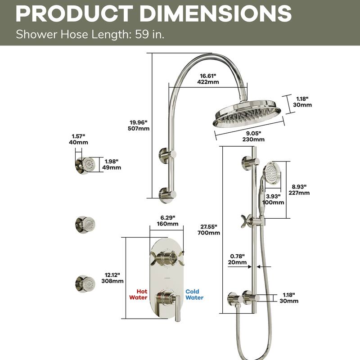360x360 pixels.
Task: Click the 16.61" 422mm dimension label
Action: click(x=208, y=79)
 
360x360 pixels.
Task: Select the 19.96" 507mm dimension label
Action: click(x=139, y=125)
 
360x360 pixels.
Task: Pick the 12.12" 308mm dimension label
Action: click(x=112, y=278)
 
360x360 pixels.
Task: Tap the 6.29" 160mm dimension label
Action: click(x=167, y=220)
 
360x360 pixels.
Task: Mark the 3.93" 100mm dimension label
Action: click(x=274, y=199)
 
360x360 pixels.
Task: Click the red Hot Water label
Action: click(x=139, y=294)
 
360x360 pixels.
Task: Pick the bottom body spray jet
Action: click(x=85, y=282)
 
